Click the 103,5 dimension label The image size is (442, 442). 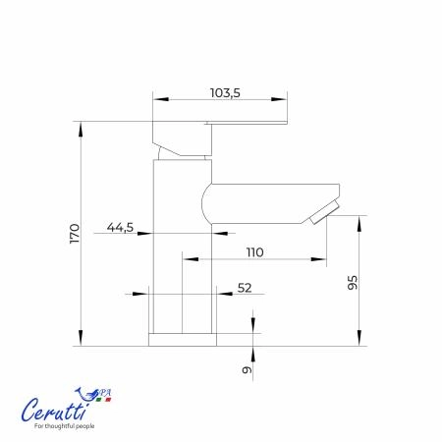tap(225, 93)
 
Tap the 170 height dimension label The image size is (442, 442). tap(75, 234)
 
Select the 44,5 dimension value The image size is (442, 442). tap(120, 227)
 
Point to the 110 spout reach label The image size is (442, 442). tap(254, 252)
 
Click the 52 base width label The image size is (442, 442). tap(245, 288)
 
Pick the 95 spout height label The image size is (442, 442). tap(353, 282)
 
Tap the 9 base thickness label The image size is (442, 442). tap(248, 369)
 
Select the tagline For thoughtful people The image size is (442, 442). tap(65, 426)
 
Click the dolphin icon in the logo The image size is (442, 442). tap(86, 394)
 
